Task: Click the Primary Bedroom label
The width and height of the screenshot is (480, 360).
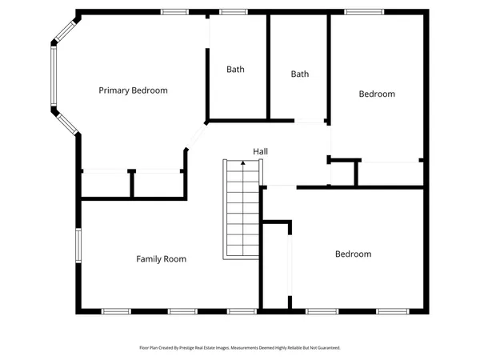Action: click(x=133, y=90)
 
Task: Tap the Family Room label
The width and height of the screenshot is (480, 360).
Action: click(x=161, y=259)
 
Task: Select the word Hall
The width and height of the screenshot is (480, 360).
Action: click(x=260, y=151)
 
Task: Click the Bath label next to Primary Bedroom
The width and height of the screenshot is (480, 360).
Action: click(x=235, y=70)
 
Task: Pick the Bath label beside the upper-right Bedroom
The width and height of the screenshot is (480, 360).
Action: click(x=299, y=74)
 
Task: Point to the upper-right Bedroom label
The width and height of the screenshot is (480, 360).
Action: click(x=377, y=94)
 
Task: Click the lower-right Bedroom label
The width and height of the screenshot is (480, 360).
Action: click(x=353, y=254)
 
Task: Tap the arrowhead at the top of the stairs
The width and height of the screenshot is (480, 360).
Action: click(x=242, y=163)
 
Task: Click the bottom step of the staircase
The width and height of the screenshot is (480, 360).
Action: click(x=242, y=253)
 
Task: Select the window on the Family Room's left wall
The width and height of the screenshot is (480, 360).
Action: click(x=78, y=245)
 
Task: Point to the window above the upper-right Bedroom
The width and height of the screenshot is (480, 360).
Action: click(x=357, y=12)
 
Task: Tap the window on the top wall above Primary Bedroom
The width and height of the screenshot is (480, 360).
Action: click(x=174, y=12)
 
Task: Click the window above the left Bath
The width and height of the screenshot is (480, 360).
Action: click(x=233, y=12)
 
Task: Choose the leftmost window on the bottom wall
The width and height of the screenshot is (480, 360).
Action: click(x=116, y=310)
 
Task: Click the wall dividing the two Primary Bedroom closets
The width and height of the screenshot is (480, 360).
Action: click(x=132, y=184)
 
